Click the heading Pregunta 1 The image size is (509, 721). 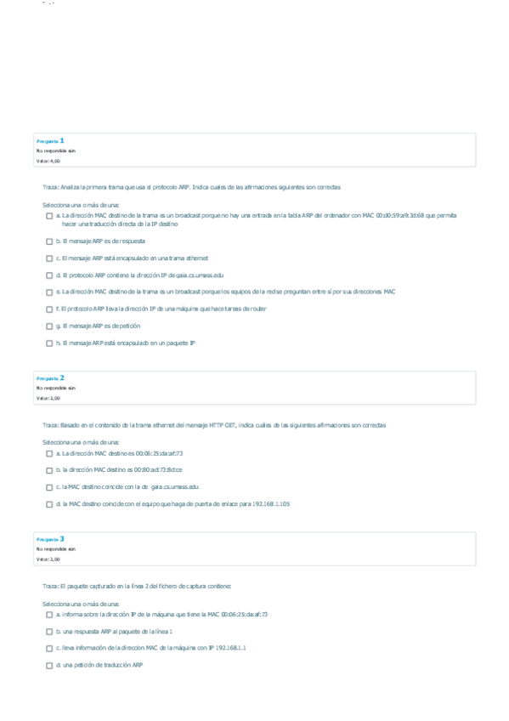(50, 140)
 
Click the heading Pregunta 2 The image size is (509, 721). (50, 378)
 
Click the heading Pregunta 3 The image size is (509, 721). (50, 539)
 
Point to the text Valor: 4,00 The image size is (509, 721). (48, 161)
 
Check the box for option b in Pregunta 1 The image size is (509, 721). (49, 241)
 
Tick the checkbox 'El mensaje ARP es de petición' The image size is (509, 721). (49, 326)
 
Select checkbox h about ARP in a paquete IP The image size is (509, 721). (49, 343)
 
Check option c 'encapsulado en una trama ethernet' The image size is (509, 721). (49, 258)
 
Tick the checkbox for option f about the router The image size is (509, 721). (49, 309)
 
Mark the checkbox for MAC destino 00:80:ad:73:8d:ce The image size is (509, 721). (49, 470)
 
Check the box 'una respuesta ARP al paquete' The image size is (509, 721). (49, 632)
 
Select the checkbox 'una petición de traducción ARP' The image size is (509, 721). (49, 666)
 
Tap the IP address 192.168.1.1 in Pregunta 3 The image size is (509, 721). (230, 649)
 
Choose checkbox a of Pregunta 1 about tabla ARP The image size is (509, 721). (49, 217)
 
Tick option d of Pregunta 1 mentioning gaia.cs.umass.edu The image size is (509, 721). (49, 275)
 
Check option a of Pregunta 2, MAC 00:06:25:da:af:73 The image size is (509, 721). (49, 454)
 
